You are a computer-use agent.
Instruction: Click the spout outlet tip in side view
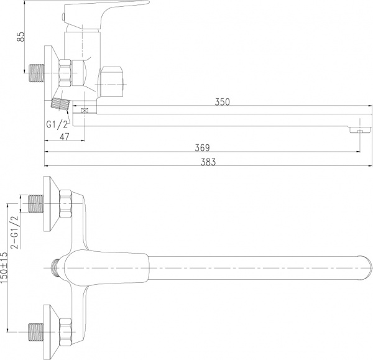coord(356,131)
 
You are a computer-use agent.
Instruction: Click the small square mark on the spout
coord(85,111)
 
